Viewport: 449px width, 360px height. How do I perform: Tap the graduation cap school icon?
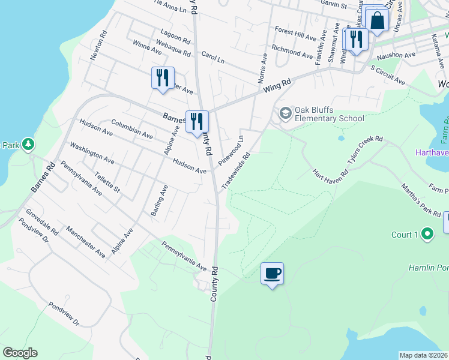coord(285,112)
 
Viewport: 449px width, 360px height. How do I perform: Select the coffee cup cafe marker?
coord(272,274)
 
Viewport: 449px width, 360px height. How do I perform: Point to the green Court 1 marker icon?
coord(427,234)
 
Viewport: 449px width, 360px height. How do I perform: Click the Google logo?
coord(20,353)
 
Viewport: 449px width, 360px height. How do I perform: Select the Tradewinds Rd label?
coord(236,171)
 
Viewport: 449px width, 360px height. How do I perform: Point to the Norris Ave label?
coord(262,70)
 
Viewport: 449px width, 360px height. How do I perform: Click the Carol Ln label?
coord(212,57)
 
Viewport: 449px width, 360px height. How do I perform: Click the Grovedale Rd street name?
coord(42,222)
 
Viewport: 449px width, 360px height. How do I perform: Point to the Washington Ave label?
coord(92,154)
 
